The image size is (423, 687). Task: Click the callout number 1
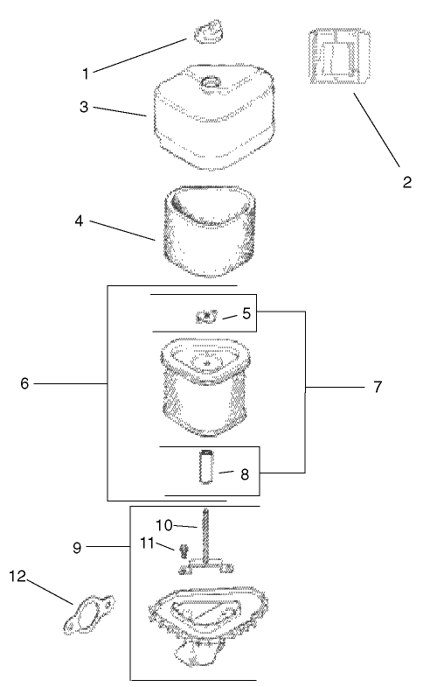[x=86, y=74]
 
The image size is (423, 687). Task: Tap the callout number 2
[x=407, y=182]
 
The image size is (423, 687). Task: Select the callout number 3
[x=84, y=107]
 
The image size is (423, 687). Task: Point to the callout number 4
[x=79, y=221]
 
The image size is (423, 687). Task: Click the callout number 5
[x=246, y=313]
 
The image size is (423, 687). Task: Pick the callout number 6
[x=24, y=383]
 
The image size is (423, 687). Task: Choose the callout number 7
[x=378, y=387]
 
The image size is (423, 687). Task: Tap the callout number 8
[x=245, y=473]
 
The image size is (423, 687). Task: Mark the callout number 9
[x=77, y=548]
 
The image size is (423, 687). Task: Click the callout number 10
[x=164, y=525]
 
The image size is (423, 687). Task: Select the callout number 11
[x=147, y=543]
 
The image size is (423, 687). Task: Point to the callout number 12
[x=18, y=577]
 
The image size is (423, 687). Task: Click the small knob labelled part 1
[x=208, y=32]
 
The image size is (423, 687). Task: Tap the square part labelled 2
[x=339, y=56]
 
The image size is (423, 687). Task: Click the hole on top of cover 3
[x=210, y=82]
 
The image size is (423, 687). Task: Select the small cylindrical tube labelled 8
[x=205, y=466]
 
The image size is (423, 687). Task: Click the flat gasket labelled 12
[x=89, y=613]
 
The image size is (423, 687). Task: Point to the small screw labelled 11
[x=183, y=550]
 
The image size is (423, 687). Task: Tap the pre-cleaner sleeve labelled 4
[x=209, y=231]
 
